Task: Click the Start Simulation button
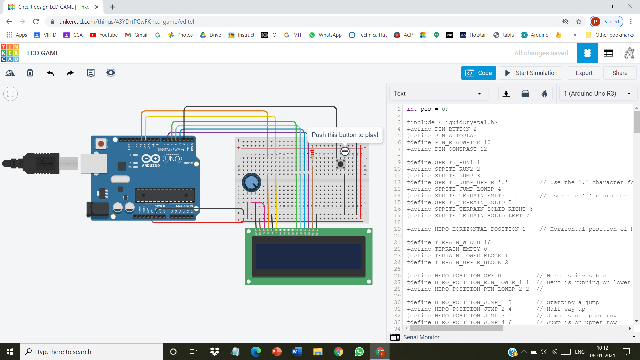pyautogui.click(x=531, y=73)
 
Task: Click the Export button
pyautogui.click(x=584, y=73)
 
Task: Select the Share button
pyautogui.click(x=620, y=73)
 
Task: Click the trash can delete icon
pyautogui.click(x=30, y=73)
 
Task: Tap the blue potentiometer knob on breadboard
pyautogui.click(x=251, y=182)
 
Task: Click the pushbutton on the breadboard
pyautogui.click(x=340, y=164)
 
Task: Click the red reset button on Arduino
pyautogui.click(x=101, y=144)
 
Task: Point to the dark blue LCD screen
pyautogui.click(x=309, y=256)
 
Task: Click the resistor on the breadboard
pyautogui.click(x=312, y=154)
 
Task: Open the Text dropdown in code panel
pyautogui.click(x=438, y=94)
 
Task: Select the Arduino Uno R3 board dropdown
pyautogui.click(x=598, y=94)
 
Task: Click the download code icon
pyautogui.click(x=506, y=94)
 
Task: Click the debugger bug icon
pyautogui.click(x=544, y=94)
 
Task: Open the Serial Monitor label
pyautogui.click(x=421, y=337)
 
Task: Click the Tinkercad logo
pyautogui.click(x=10, y=53)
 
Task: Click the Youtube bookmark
pyautogui.click(x=104, y=35)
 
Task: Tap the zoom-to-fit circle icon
pyautogui.click(x=10, y=94)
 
